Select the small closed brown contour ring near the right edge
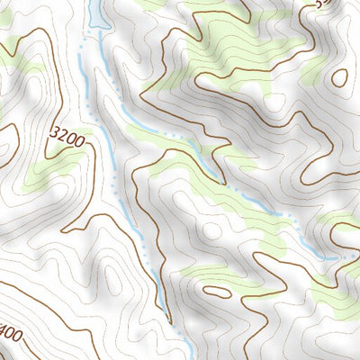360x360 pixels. [x=339, y=78]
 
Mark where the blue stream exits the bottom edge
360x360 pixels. [x=186, y=355]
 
